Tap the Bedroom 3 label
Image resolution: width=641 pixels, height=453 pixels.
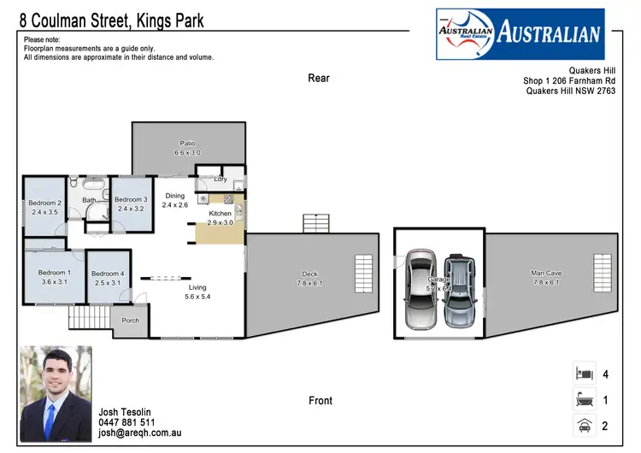coord(132,199)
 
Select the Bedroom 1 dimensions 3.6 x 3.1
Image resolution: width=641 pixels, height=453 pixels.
coord(54,282)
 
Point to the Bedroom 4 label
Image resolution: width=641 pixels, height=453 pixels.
coord(109,273)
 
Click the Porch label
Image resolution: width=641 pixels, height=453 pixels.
coord(130,321)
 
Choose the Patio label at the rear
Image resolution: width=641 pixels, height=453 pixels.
coord(187,143)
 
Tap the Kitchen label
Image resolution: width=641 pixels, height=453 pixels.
coord(220,213)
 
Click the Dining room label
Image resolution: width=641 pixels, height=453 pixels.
coord(174,196)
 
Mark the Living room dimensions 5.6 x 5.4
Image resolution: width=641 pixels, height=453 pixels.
coord(197,297)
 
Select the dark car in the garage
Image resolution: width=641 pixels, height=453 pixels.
coord(458,287)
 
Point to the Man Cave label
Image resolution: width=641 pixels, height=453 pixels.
coord(546,273)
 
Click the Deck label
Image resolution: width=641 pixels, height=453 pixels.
coord(309,274)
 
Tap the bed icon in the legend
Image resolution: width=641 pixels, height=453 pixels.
coord(584,374)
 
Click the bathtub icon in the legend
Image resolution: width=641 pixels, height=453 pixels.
coord(584,399)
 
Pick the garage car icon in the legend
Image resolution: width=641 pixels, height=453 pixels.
coord(584,425)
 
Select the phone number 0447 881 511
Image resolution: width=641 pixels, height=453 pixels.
coord(127,422)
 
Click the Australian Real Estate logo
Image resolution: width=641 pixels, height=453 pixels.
coord(520,34)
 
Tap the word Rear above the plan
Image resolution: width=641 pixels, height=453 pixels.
coord(319,79)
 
